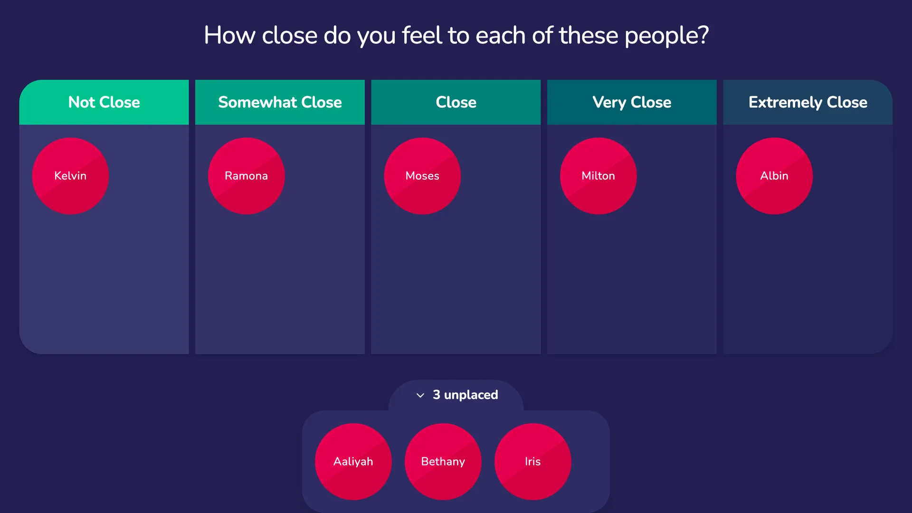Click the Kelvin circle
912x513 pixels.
click(x=70, y=176)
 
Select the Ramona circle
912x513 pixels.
click(x=247, y=176)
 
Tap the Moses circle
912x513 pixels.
click(x=422, y=176)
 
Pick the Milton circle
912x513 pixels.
click(x=598, y=176)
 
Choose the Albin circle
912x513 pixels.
click(x=774, y=176)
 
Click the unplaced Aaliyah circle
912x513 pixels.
click(x=353, y=462)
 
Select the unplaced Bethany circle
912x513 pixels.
click(x=443, y=462)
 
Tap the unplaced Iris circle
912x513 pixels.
click(x=533, y=462)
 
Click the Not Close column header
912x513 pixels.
click(x=104, y=102)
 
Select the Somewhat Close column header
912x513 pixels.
click(x=280, y=102)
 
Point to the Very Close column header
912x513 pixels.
click(x=632, y=102)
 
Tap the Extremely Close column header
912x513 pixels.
click(x=808, y=102)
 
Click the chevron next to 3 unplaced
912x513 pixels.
click(x=420, y=395)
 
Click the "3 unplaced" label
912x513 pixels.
click(x=465, y=395)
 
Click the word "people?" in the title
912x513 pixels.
click(x=666, y=36)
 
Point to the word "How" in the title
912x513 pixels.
click(x=229, y=36)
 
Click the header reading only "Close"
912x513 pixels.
click(x=456, y=102)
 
